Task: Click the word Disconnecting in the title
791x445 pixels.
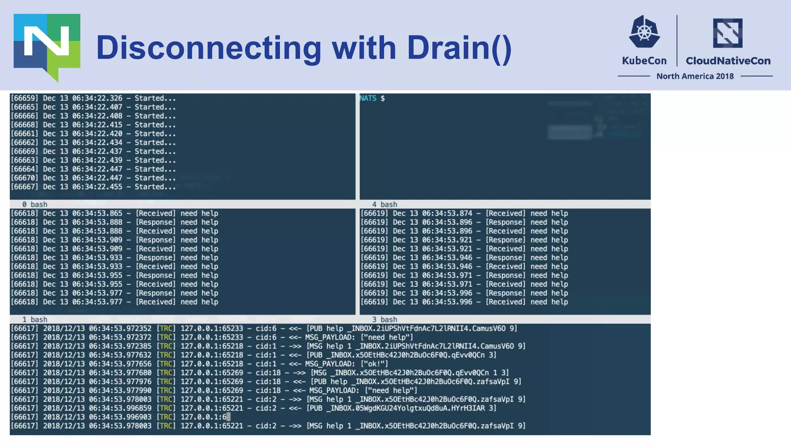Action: click(x=209, y=48)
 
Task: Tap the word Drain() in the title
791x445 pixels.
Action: click(x=459, y=48)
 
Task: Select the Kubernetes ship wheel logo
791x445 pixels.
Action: click(x=644, y=32)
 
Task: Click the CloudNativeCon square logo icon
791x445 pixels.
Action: click(x=728, y=33)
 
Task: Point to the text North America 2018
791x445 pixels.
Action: click(x=695, y=76)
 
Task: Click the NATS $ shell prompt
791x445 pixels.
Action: click(x=372, y=98)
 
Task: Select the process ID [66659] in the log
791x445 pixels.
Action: click(x=24, y=98)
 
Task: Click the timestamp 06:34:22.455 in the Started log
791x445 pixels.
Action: click(x=97, y=187)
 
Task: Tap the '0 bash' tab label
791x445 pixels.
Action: click(x=35, y=204)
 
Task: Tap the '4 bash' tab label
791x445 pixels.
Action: click(x=384, y=204)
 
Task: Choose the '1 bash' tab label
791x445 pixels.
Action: click(x=35, y=319)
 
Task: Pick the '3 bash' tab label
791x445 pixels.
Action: click(x=384, y=319)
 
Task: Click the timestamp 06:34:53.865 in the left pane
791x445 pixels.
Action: click(x=97, y=213)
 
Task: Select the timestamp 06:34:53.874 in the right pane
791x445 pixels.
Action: click(x=447, y=213)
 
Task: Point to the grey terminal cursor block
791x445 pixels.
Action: click(x=228, y=417)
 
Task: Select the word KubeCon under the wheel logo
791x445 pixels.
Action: click(x=644, y=61)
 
